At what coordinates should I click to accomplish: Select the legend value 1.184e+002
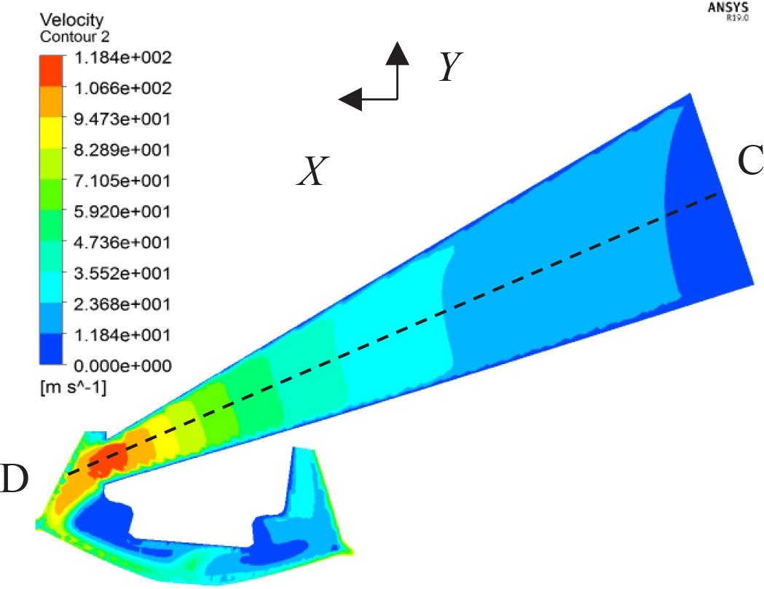coord(123,57)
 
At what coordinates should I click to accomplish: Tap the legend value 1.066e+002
coord(123,88)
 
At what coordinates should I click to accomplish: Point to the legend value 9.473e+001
coord(123,119)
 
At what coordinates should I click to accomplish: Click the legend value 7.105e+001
coord(123,181)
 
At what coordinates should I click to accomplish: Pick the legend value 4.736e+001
coord(123,242)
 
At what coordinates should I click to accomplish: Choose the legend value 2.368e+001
coord(123,304)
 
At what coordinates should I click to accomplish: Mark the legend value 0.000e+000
coord(123,365)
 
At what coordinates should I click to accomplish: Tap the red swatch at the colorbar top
coord(52,71)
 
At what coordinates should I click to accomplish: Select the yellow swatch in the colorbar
coord(52,133)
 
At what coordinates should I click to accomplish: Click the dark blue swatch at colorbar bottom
coord(52,349)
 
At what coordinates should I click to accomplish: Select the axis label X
coord(312,173)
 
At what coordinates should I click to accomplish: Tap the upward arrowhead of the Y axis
coord(397,52)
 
